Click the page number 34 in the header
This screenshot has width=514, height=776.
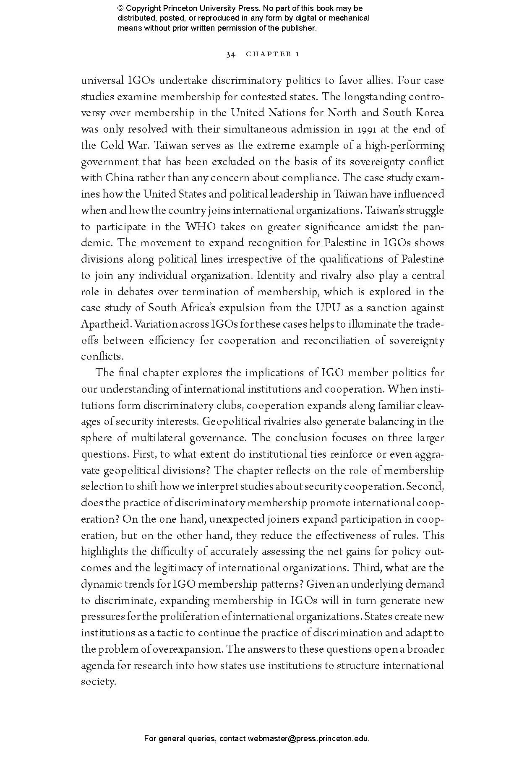click(x=230, y=54)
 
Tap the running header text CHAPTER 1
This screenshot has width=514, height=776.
click(x=272, y=54)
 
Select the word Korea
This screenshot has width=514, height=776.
click(x=429, y=113)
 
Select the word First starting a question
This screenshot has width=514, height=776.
click(x=142, y=454)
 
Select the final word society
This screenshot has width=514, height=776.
click(x=97, y=682)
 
